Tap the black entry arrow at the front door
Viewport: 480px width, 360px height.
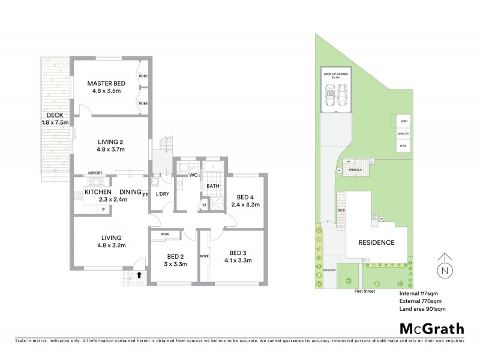click(x=140, y=275)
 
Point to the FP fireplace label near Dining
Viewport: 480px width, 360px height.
click(x=145, y=194)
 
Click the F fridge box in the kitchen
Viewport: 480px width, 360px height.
click(x=103, y=209)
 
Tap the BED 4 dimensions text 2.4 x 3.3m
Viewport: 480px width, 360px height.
click(x=245, y=205)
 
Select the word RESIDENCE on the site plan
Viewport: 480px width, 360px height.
click(x=376, y=243)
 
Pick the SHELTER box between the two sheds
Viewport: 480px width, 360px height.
click(x=403, y=133)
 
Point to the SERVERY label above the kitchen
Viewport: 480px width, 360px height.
click(x=95, y=172)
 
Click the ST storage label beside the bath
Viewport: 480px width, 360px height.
click(x=204, y=205)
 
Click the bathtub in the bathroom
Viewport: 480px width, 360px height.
click(x=213, y=168)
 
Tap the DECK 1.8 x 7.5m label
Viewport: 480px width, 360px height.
click(x=55, y=119)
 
